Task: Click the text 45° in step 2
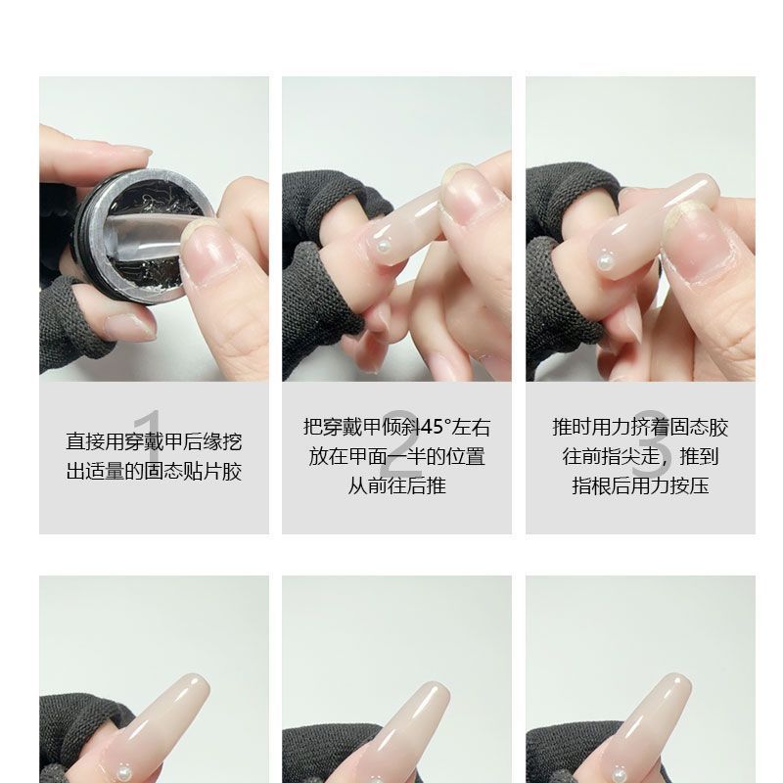click(436, 428)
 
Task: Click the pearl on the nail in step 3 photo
click(606, 261)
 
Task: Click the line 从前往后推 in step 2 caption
click(397, 485)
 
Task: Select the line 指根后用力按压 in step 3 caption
click(641, 485)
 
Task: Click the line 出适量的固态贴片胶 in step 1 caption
click(155, 471)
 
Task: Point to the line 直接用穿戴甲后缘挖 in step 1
click(155, 441)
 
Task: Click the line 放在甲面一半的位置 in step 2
click(397, 456)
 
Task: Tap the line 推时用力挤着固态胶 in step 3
click(641, 428)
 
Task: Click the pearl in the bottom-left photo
click(122, 774)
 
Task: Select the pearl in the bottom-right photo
click(620, 775)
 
